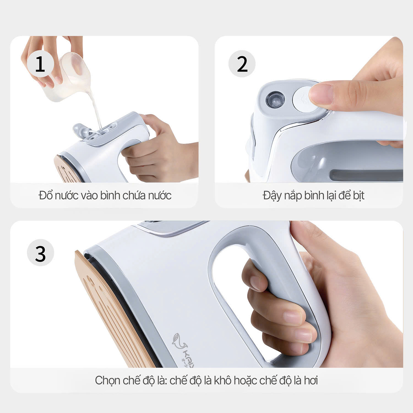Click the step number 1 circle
pos(40,64)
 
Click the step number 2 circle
pos(242,64)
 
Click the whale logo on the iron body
pos(179,341)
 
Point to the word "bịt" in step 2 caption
pos(358,195)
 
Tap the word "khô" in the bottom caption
pos(223,381)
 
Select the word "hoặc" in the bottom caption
pos(245,381)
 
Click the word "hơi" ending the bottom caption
pos(310,381)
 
